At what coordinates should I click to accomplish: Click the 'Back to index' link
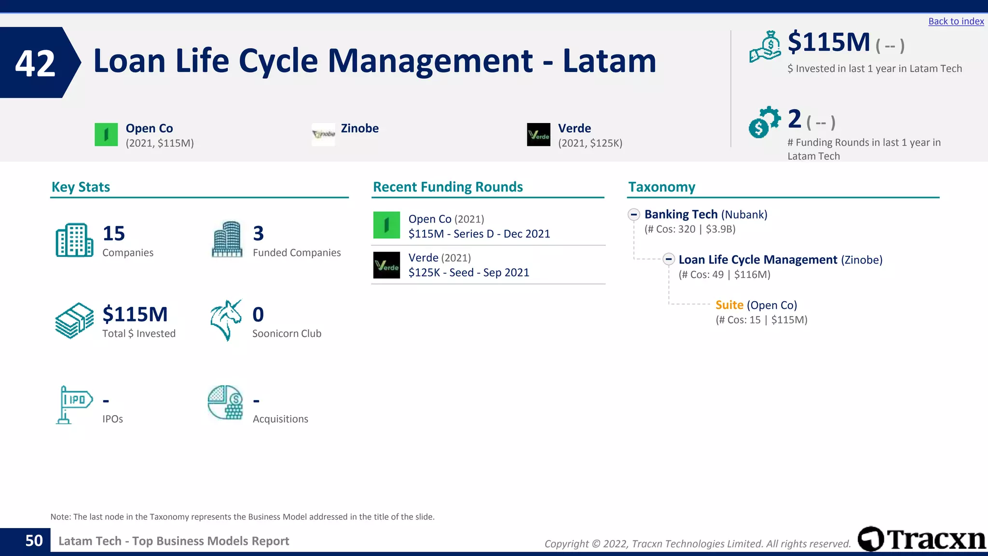956,21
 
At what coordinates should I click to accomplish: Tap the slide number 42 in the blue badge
35,63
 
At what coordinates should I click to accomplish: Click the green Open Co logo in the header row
106,135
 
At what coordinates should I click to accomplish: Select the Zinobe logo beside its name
323,134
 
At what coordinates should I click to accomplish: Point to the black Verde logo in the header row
538,135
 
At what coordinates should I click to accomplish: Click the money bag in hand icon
765,47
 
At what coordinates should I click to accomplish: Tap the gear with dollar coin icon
764,122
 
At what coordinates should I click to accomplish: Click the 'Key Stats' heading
81,187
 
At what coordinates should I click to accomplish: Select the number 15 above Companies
114,234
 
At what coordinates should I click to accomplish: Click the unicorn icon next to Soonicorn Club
226,320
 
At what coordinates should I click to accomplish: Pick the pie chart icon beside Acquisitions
225,403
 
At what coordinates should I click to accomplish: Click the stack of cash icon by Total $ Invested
74,320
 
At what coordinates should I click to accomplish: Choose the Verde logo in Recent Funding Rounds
386,265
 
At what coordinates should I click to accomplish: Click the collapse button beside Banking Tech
634,214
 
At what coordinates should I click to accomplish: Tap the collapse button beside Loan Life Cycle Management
668,260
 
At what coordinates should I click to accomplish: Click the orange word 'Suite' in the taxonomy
729,305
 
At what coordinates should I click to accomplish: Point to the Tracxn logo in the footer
921,539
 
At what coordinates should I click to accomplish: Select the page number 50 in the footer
34,541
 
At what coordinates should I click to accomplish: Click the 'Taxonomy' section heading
661,187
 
